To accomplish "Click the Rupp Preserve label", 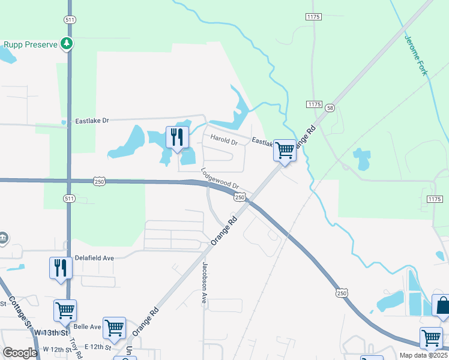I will [30, 44].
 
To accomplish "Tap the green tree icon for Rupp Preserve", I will [67, 44].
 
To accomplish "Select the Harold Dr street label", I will [224, 140].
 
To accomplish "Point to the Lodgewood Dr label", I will [220, 179].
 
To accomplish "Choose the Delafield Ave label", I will [94, 257].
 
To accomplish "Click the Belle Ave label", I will [87, 328].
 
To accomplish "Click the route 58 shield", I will [330, 108].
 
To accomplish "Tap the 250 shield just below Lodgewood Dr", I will [240, 197].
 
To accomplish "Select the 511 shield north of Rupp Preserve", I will [70, 19].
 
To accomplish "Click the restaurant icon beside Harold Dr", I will [175, 137].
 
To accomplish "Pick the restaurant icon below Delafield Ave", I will [60, 267].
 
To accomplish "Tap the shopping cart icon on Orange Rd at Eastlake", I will [285, 150].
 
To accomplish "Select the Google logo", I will [20, 353].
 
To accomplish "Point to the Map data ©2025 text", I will [424, 355].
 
